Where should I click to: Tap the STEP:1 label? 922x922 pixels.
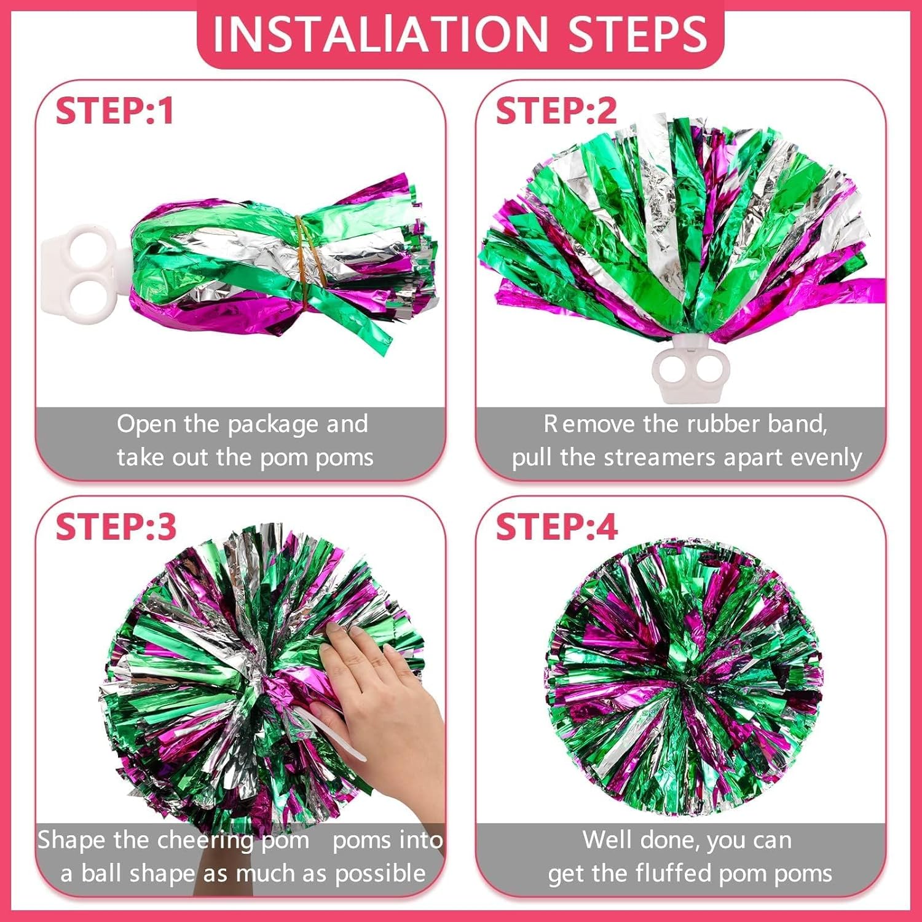pyautogui.click(x=115, y=111)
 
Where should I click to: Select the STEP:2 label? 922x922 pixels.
pyautogui.click(x=556, y=111)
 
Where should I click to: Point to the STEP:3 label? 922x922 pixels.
pyautogui.click(x=116, y=527)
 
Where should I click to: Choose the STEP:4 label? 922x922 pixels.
pyautogui.click(x=556, y=527)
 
